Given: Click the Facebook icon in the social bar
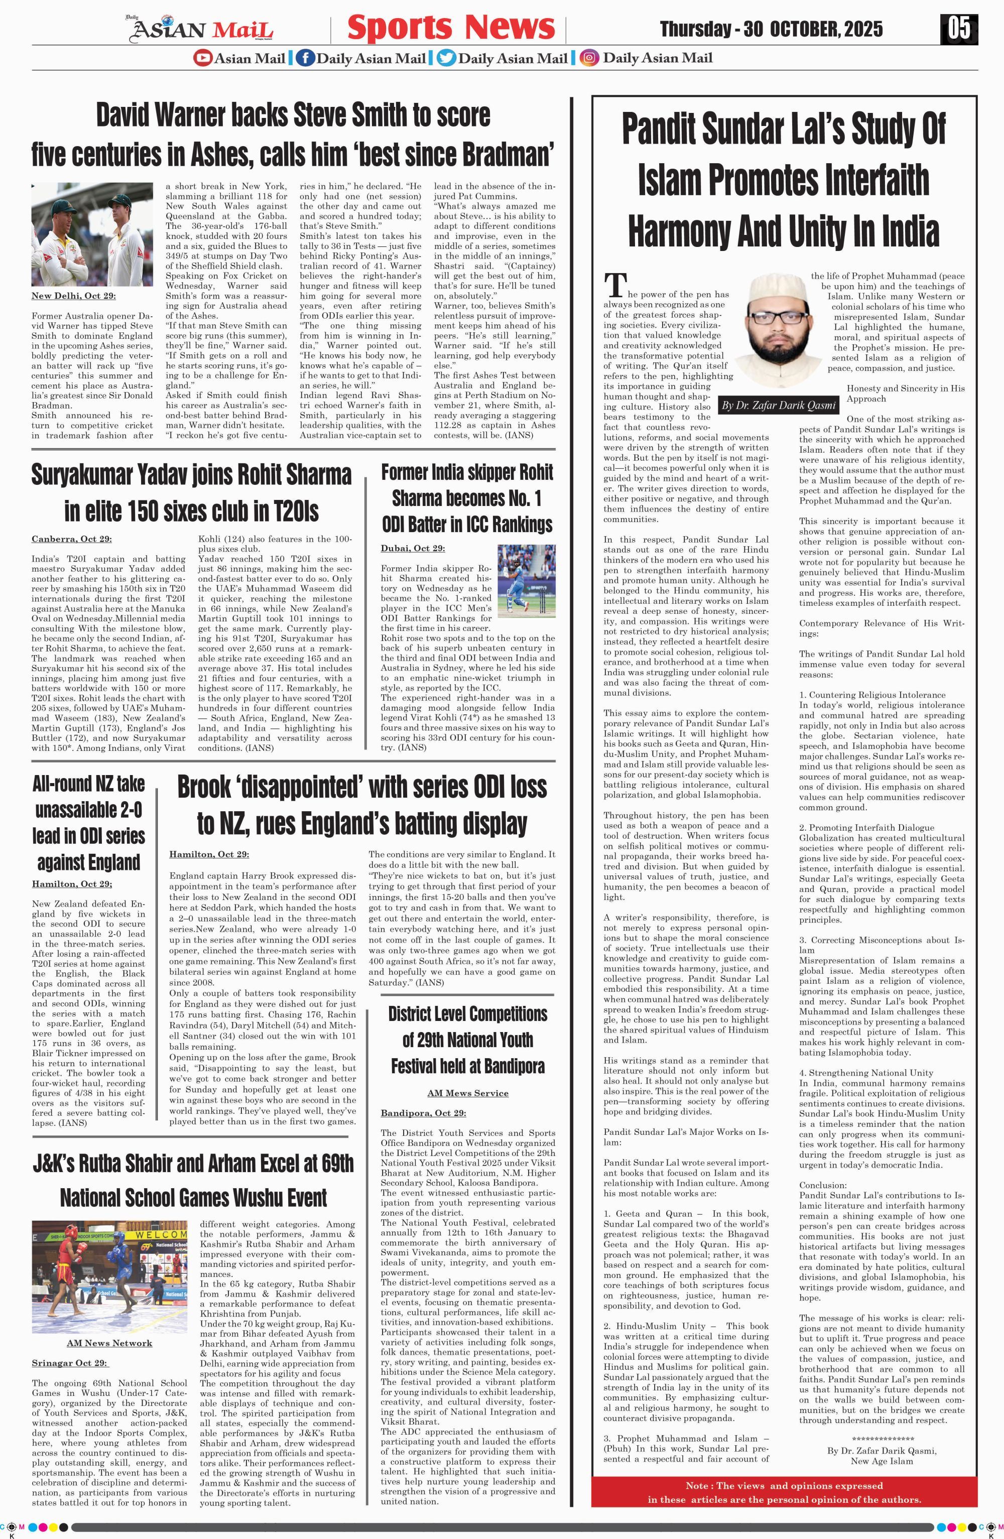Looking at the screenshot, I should [x=305, y=58].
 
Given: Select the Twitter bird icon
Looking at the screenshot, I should [x=445, y=58].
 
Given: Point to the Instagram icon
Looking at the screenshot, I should [x=588, y=58].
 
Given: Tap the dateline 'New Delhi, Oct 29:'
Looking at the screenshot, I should [x=74, y=296].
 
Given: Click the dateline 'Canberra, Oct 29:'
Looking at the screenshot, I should [x=71, y=539].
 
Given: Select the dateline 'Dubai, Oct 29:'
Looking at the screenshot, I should [x=413, y=548].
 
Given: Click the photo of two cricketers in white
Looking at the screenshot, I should [x=92, y=235].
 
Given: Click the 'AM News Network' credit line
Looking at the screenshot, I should [x=109, y=1343].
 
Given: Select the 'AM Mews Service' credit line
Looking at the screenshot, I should [x=467, y=1093].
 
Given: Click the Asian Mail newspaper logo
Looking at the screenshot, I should [x=202, y=29].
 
